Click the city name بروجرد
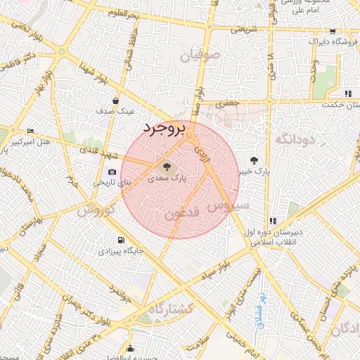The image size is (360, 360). pyautogui.click(x=162, y=129)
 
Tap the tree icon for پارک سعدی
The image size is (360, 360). pyautogui.click(x=167, y=167)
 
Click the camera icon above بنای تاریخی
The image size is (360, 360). pyautogui.click(x=112, y=172)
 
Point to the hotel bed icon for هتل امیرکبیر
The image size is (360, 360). pyautogui.click(x=30, y=132)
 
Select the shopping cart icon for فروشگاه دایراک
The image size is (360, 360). pyautogui.click(x=331, y=32)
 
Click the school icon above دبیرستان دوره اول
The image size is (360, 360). pyautogui.click(x=273, y=221)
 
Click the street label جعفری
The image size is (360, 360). pyautogui.click(x=226, y=104)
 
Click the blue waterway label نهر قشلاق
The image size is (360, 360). pyautogui.click(x=259, y=304)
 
